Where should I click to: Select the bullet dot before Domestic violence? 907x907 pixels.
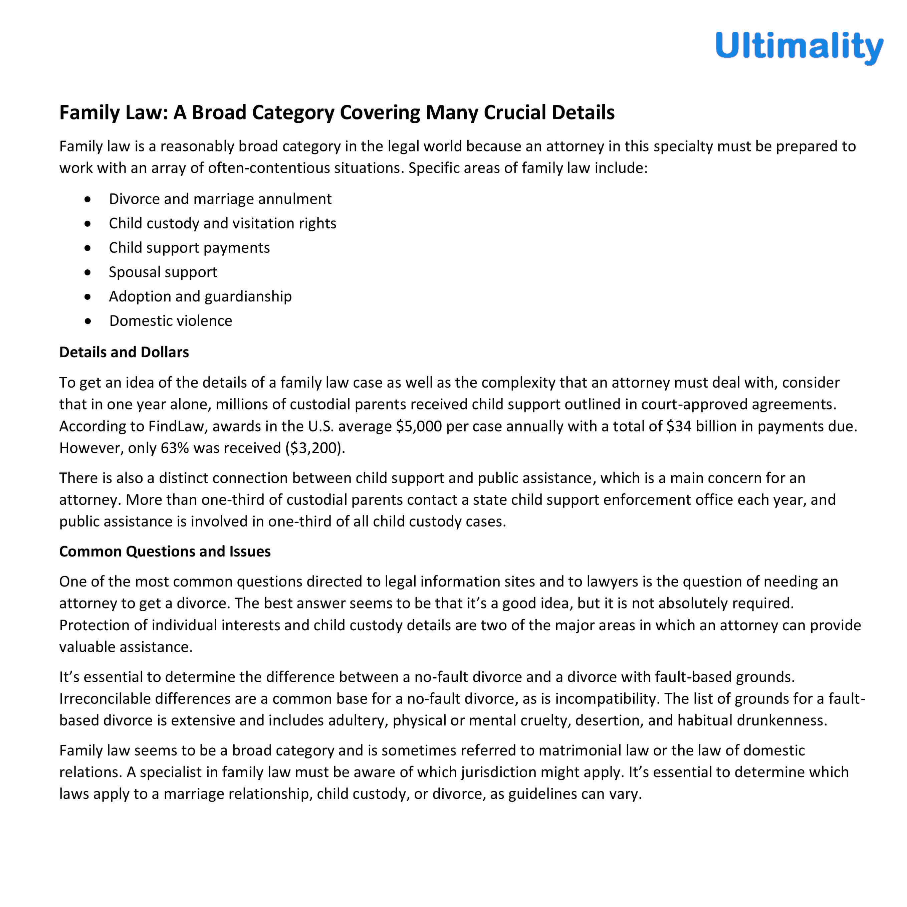(x=88, y=321)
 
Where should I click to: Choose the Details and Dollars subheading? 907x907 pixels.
(x=124, y=352)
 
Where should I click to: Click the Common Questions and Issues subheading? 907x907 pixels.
(x=165, y=551)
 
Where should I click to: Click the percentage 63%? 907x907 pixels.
(x=175, y=448)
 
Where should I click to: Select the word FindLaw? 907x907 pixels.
(x=177, y=426)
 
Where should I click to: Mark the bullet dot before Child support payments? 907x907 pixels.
(x=88, y=248)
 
